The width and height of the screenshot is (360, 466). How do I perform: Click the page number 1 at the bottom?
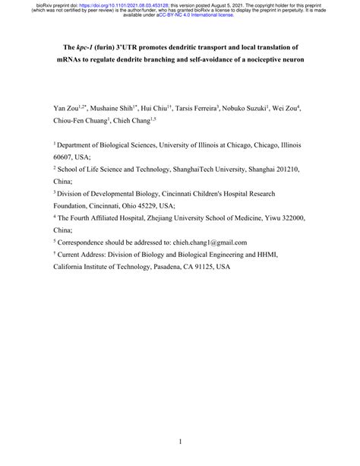click(x=180, y=441)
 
